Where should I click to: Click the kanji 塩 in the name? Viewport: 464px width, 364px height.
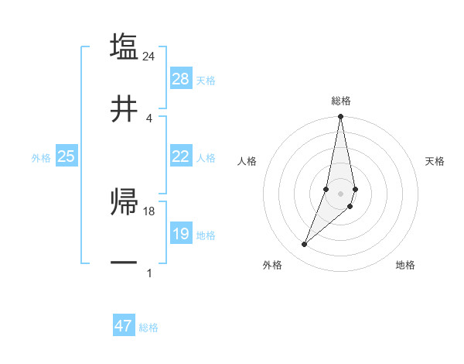tap(124, 46)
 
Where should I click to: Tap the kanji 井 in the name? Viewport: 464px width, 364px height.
tap(124, 109)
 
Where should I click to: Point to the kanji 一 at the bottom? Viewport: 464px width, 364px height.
tap(124, 263)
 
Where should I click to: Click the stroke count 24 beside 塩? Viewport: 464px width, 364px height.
tap(149, 56)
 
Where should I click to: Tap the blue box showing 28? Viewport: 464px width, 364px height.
tap(181, 79)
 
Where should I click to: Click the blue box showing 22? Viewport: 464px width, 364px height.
tap(181, 156)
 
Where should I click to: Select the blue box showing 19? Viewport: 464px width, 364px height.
tap(181, 234)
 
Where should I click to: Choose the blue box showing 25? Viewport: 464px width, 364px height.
tap(67, 156)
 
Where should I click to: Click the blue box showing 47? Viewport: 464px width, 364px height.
tap(124, 326)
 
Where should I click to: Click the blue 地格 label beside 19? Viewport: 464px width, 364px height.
tap(206, 235)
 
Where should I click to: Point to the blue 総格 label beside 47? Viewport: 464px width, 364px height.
tap(148, 328)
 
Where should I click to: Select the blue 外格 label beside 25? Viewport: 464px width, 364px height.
tap(41, 158)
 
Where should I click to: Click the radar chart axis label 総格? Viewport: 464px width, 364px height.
tap(341, 101)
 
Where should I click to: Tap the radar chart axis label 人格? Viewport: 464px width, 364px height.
tap(247, 161)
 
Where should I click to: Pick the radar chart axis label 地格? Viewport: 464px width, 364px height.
tap(405, 265)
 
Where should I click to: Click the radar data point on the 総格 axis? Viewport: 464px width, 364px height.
tap(340, 117)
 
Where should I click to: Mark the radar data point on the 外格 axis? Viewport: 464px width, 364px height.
tap(304, 245)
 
